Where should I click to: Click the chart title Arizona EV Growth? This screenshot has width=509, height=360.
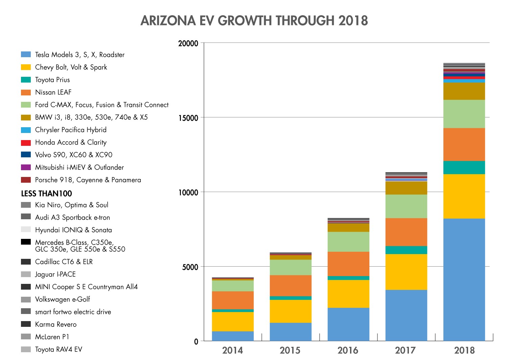coord(254,21)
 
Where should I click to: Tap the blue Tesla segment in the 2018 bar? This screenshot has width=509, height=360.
coord(464,279)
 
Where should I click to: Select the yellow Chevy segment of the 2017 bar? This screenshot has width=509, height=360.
coord(406,272)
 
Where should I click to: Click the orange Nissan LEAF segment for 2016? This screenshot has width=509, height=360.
coord(348,264)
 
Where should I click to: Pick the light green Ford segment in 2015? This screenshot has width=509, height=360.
coord(291,267)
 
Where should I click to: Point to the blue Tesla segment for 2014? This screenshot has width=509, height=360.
coord(233,336)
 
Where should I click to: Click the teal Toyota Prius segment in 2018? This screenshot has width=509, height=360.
coord(464,167)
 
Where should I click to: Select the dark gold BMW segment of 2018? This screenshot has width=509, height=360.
coord(464,91)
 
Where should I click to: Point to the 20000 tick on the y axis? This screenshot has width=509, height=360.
coord(188,43)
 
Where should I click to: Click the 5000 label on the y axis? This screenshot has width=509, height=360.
coord(190,267)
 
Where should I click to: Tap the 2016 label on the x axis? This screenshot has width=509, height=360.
coord(348,350)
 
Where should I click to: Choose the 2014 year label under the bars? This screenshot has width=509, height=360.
coord(232,350)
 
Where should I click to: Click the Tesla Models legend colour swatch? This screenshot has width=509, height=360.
coord(26,54)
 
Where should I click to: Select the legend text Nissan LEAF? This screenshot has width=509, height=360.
coord(53,92)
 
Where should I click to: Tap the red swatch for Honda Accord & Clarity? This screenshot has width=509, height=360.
coord(26,142)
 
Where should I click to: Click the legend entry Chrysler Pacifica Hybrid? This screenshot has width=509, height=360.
coord(71,130)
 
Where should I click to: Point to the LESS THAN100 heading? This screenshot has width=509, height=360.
coord(46,194)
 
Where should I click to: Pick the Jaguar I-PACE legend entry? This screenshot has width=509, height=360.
coord(55,274)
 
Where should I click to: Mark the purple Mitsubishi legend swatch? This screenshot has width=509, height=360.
coord(26,167)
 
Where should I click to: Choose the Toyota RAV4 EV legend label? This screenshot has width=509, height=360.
coord(59,349)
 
